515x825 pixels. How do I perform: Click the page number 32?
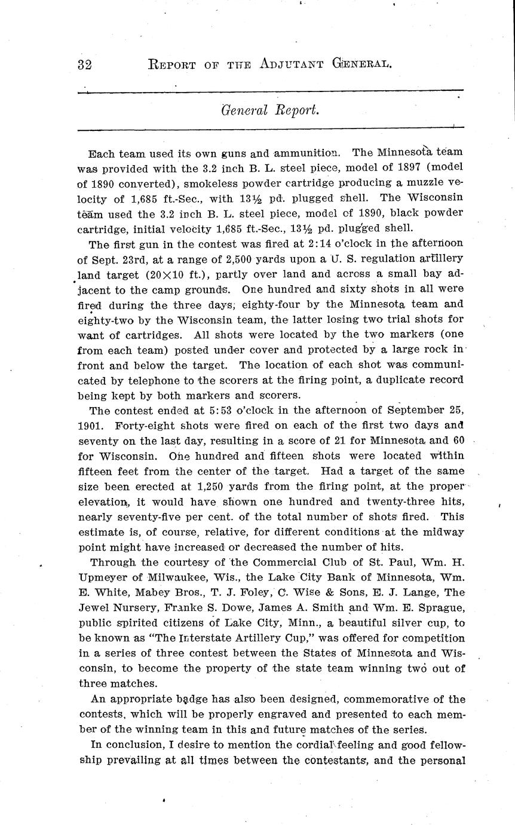click(84, 65)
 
